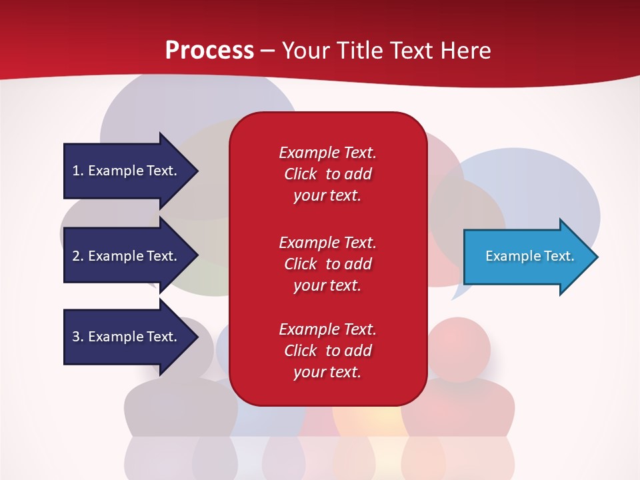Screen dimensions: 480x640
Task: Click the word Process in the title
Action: pyautogui.click(x=209, y=50)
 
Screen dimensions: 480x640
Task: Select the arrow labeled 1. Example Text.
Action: pyautogui.click(x=127, y=171)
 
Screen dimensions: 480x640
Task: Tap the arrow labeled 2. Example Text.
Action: pyautogui.click(x=127, y=256)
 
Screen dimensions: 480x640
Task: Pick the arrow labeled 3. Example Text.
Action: pyautogui.click(x=127, y=337)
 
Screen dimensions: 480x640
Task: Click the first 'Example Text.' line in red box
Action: pyautogui.click(x=327, y=153)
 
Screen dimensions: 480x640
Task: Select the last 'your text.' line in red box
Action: pyautogui.click(x=327, y=372)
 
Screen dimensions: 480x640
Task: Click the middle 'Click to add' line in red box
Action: pyautogui.click(x=327, y=264)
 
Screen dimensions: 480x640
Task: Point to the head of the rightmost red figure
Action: pyautogui.click(x=459, y=349)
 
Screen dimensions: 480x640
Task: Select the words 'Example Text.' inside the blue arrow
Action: pyautogui.click(x=530, y=256)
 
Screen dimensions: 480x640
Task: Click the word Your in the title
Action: pyautogui.click(x=306, y=50)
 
